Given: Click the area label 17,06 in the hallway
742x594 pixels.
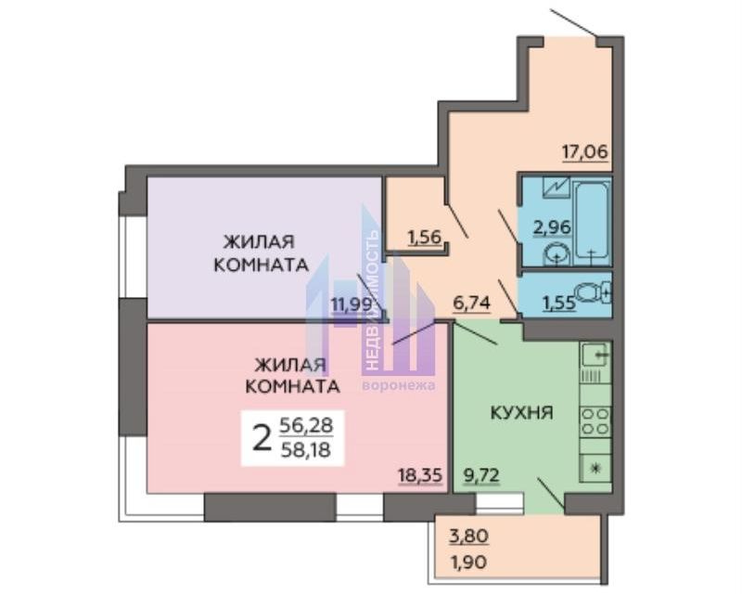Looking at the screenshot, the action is coord(585,152).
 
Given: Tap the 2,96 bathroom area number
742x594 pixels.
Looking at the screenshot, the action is coord(552,227).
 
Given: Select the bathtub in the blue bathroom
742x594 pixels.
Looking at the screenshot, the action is coord(591,222).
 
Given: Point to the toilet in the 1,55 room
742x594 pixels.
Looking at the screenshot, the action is coord(595,292).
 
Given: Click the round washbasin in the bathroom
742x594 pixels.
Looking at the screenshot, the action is coord(556,255).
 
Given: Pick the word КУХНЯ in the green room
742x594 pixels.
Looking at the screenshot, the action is coord(521,412).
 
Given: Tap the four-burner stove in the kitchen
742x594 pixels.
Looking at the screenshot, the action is coord(595,421).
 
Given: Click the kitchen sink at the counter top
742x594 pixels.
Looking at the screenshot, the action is coord(595,354).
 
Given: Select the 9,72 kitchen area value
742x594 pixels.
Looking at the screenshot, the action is coord(481,474).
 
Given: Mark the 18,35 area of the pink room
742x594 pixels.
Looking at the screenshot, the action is coord(420,474).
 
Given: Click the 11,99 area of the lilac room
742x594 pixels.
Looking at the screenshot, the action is coord(352,303).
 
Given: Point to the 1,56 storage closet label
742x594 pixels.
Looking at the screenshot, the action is coord(425,236).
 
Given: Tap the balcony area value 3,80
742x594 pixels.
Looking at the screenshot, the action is coord(468,536).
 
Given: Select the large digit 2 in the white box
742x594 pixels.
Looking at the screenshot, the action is coord(262,438).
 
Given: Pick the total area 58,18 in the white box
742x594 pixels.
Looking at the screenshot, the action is coord(306,449).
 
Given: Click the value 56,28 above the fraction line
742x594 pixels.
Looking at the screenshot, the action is coord(306,425).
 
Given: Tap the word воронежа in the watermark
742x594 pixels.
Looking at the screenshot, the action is coord(399,384).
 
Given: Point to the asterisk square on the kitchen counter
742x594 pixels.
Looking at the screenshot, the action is coord(595,469).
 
